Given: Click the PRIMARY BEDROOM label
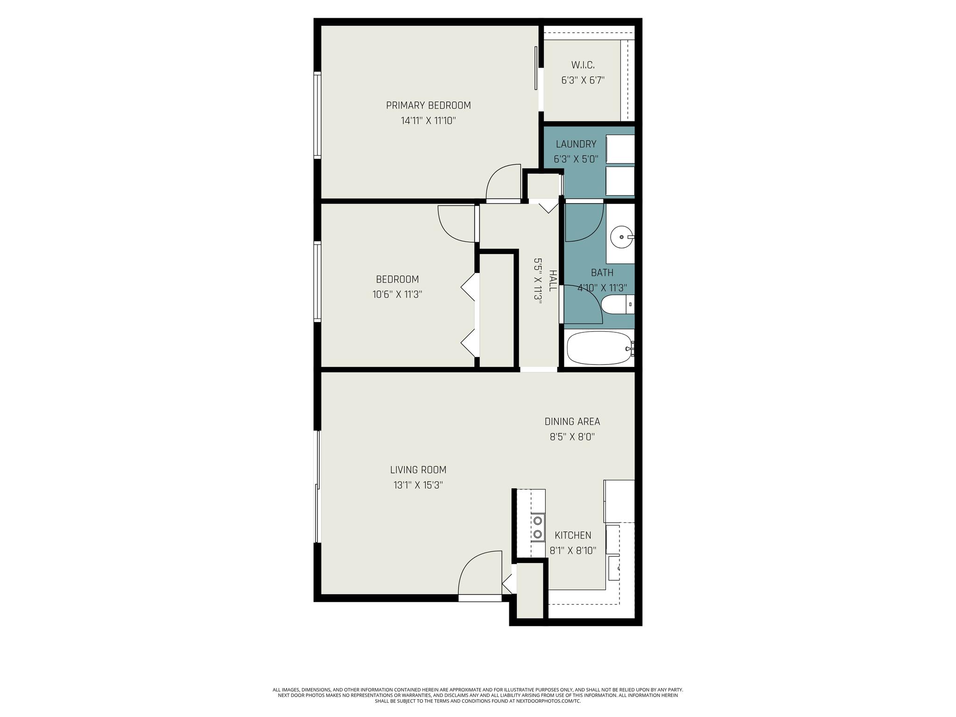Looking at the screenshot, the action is coord(428,105).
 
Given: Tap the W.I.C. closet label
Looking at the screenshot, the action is coord(583,65).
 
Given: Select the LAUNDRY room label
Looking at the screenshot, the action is coord(576,144).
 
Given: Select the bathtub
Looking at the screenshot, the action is coord(600,348).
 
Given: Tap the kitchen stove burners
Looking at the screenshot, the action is coord(538,527).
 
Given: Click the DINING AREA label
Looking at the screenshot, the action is coord(572,422).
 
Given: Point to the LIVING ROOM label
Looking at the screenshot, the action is coord(418,470).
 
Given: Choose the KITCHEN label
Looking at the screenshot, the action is coord(573,535).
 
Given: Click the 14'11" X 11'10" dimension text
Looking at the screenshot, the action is coord(428,121).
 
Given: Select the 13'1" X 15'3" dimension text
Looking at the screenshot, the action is coord(418,485).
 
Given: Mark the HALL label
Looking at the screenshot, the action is coord(553,281).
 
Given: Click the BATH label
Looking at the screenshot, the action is coord(602,273).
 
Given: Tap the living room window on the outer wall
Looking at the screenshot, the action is coord(318,486).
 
